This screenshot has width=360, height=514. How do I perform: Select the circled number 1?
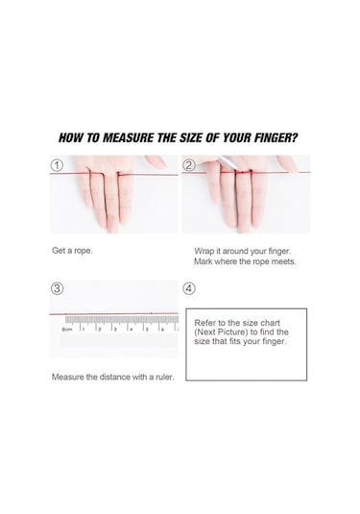tap(58, 165)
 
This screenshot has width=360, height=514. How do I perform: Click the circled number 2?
tap(189, 165)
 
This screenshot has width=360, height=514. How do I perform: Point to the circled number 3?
tap(58, 289)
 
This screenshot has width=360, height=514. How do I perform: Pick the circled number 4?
tap(189, 289)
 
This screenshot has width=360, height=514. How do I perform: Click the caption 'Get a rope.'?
tap(72, 251)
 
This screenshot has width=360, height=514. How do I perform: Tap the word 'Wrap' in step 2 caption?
tap(203, 251)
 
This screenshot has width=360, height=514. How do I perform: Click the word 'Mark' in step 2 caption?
tap(203, 261)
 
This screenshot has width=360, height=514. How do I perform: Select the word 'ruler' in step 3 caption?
tap(164, 377)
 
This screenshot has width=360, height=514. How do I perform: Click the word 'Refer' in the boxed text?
tap(204, 323)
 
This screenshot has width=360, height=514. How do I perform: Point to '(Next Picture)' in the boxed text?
tap(221, 332)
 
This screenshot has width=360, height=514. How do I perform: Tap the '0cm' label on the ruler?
tap(67, 330)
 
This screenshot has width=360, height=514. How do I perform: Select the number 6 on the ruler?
tap(163, 330)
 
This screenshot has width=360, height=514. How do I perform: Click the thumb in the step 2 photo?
tap(287, 163)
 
